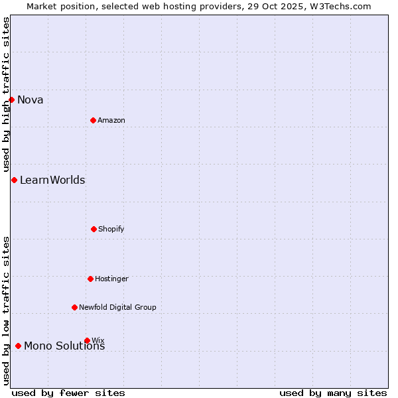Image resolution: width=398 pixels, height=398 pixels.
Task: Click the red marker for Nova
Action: click(11, 100)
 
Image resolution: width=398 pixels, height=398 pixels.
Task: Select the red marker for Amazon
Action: click(93, 120)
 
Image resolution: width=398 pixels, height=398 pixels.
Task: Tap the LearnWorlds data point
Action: click(14, 180)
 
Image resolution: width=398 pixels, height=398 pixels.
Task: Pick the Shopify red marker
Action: click(94, 229)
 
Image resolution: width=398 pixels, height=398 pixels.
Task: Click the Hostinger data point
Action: click(90, 279)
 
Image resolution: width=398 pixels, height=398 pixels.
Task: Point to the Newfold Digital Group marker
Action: click(74, 307)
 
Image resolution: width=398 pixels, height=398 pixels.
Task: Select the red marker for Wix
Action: click(87, 340)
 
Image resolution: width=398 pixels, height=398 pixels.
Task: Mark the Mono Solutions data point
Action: click(18, 346)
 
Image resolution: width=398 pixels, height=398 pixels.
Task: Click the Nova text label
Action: click(31, 100)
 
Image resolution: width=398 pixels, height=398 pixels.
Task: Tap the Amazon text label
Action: click(111, 121)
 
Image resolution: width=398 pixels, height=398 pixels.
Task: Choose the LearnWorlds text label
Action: click(52, 180)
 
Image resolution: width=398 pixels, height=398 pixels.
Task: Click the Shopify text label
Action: click(111, 230)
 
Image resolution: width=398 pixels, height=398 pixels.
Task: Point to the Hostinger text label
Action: click(111, 279)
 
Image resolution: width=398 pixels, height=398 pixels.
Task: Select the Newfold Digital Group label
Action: click(117, 308)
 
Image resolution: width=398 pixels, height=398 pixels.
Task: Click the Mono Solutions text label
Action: click(64, 346)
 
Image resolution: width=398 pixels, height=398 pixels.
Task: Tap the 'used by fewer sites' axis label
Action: click(68, 393)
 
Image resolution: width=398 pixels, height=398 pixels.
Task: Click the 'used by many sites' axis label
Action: click(333, 393)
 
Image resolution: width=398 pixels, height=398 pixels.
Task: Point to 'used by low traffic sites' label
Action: click(6, 310)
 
